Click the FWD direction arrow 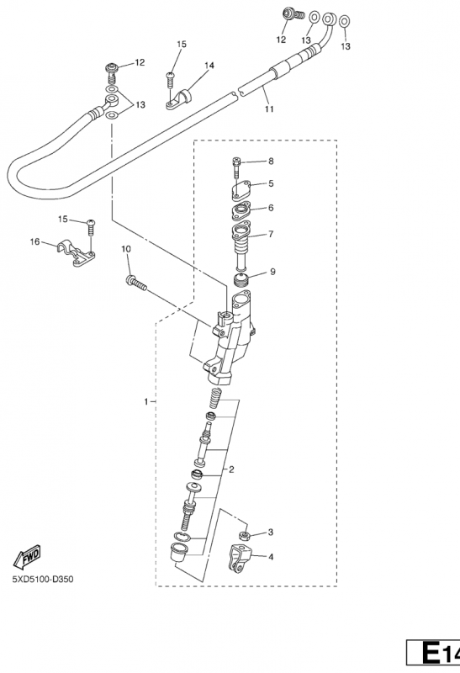point(27,557)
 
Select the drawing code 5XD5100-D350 point(43,580)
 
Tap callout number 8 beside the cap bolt point(271,162)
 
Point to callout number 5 point(271,183)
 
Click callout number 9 point(273,272)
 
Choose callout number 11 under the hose point(269,109)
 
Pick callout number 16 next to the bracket point(34,242)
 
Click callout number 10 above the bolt point(126,249)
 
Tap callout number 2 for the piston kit point(231,469)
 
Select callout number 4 point(271,557)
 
